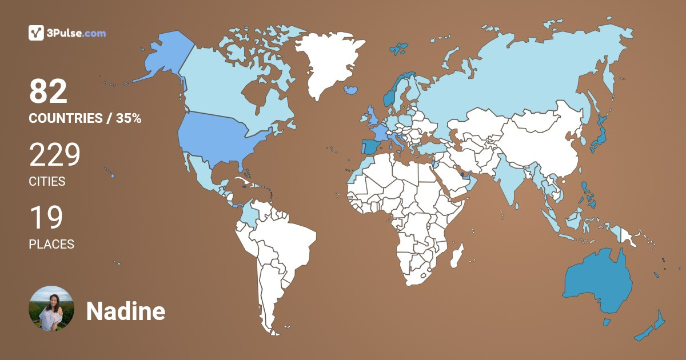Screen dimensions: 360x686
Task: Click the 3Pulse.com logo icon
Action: pos(36,33)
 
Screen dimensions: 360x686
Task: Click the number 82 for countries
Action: pos(49,91)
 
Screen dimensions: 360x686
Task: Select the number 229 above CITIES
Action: pos(55,155)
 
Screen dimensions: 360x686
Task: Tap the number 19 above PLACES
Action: pos(46,218)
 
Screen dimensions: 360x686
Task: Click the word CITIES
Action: pos(47,182)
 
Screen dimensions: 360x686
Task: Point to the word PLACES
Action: pos(51,244)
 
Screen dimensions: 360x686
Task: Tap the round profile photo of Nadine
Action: pos(51,309)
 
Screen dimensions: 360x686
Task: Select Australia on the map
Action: pos(597,280)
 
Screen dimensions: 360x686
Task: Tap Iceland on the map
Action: pos(351,90)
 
